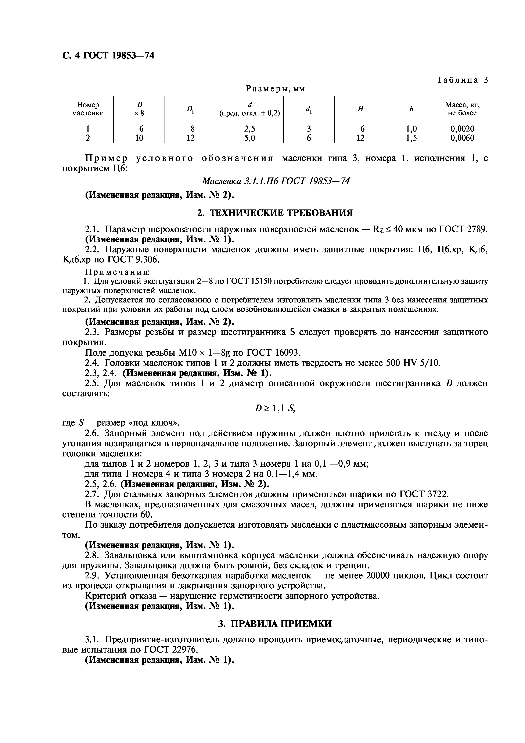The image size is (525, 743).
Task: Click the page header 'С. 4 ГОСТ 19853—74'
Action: click(x=108, y=56)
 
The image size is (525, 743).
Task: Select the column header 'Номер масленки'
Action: click(x=88, y=109)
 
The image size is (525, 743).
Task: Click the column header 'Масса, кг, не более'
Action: click(x=462, y=109)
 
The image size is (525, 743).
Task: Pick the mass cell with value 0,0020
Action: click(x=462, y=129)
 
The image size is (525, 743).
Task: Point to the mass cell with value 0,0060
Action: click(x=462, y=138)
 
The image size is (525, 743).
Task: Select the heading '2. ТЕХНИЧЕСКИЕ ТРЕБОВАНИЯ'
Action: click(x=275, y=213)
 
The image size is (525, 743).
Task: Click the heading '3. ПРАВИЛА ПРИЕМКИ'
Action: click(x=275, y=624)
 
